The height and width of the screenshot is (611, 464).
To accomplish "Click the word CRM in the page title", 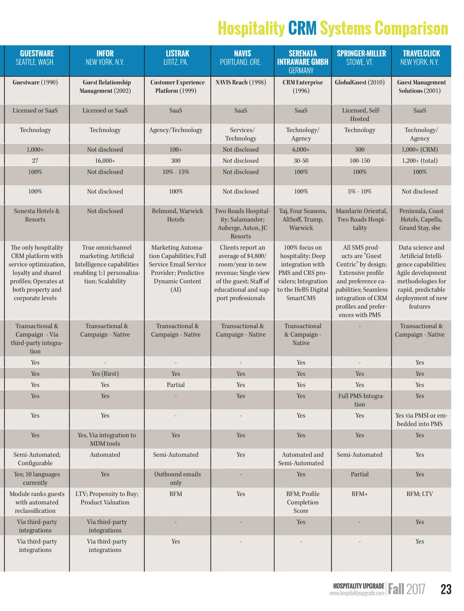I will (x=302, y=29).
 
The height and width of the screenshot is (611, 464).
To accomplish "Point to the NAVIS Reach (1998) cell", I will (x=241, y=82).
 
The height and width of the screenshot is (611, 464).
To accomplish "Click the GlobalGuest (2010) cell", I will (x=360, y=82).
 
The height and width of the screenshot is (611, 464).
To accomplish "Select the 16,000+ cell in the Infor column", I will (x=105, y=161).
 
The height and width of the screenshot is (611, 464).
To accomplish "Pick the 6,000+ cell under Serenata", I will (x=301, y=149).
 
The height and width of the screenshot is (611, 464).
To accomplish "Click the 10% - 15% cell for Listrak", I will (x=176, y=172).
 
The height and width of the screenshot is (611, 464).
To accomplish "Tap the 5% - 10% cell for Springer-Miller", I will (x=360, y=192).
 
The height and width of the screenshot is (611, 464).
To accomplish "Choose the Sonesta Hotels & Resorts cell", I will (x=35, y=215).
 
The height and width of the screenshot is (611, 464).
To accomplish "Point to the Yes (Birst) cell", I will (x=105, y=374).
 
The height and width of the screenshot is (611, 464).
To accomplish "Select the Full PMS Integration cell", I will (x=360, y=400).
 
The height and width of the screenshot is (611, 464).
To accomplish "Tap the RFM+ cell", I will (x=360, y=494).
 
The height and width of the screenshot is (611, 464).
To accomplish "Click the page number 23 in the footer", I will (x=446, y=589).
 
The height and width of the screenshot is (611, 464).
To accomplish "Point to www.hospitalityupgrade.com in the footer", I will (x=357, y=593).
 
